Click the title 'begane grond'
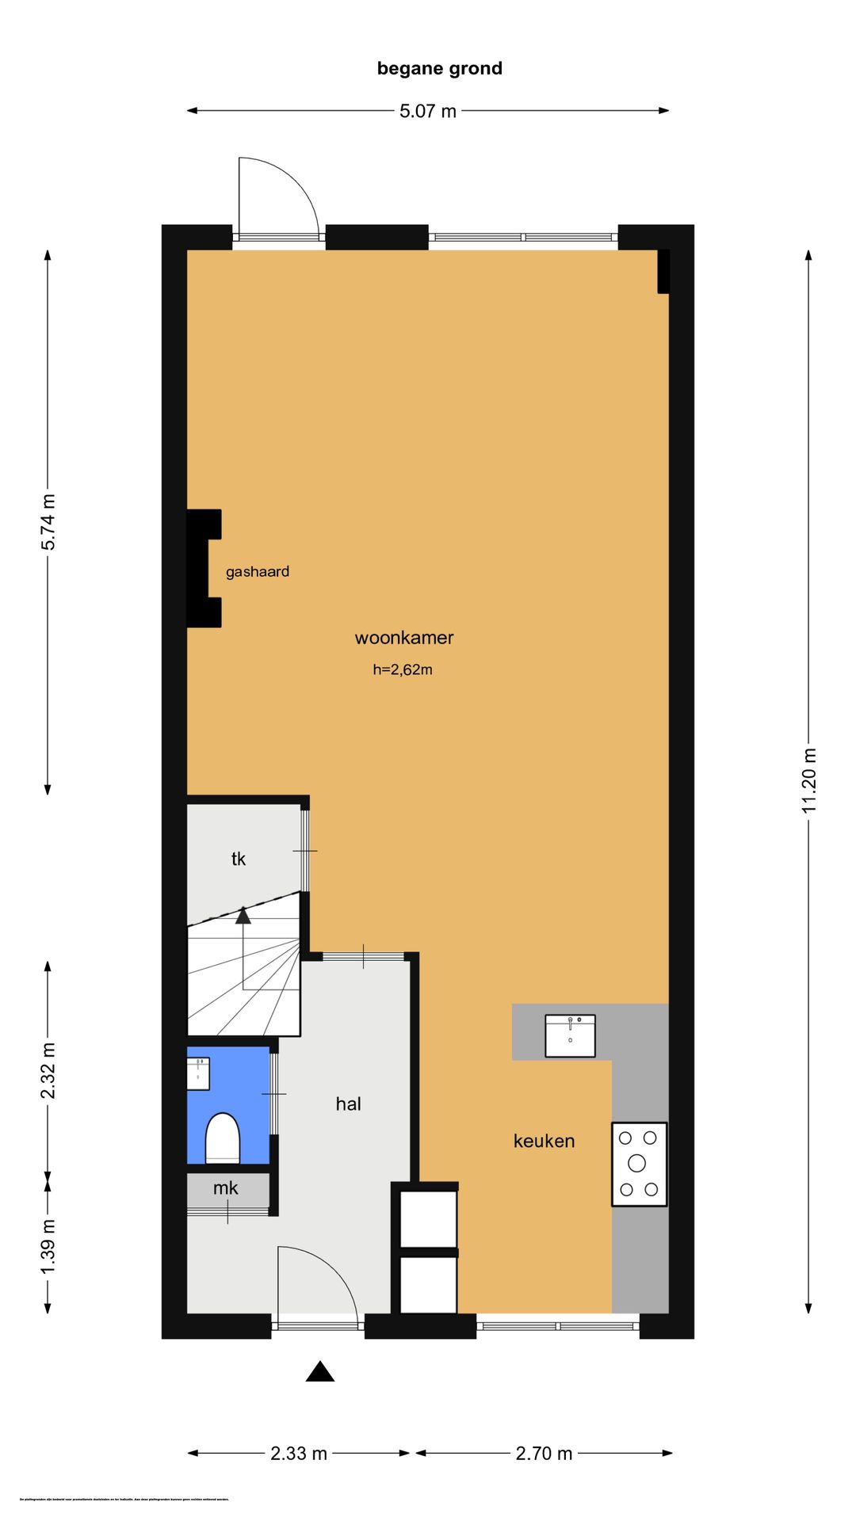coord(439,69)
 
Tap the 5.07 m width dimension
coord(428,111)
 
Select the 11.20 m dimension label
coord(808,780)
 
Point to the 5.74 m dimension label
coord(48,521)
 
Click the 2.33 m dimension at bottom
coord(299,1453)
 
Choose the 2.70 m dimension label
coord(544,1453)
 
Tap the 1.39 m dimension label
coord(48,1248)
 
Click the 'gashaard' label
coord(257,572)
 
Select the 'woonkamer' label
coord(404,638)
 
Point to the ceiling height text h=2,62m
coord(403,669)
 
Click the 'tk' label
coord(239,859)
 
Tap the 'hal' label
coord(348,1104)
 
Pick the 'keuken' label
coord(544,1141)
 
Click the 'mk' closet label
coord(226,1187)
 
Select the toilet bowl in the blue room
coord(223,1138)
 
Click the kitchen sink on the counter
coord(570,1035)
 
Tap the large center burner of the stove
coord(636,1163)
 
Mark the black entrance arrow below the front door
coord(320,1372)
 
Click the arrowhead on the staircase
coord(243,916)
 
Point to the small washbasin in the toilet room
coord(198,1073)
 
